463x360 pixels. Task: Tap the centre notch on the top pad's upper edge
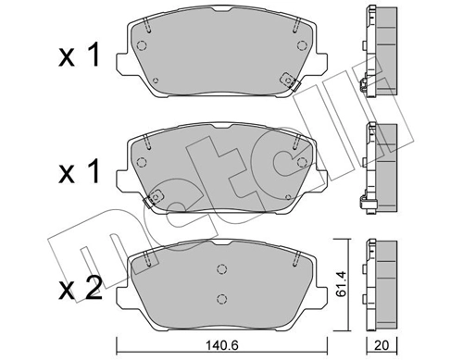click(219, 12)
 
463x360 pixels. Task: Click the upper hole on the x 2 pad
click(220, 269)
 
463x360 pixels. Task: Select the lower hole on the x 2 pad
click(220, 298)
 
